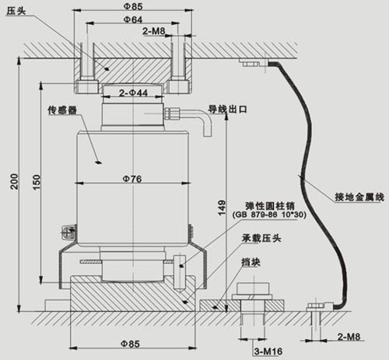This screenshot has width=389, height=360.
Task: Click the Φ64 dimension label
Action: click(x=133, y=19)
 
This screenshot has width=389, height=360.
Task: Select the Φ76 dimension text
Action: click(x=132, y=179)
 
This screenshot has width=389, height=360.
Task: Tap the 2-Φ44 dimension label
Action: click(x=133, y=93)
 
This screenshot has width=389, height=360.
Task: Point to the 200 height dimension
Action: click(x=15, y=181)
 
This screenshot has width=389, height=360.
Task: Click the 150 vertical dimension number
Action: click(x=37, y=182)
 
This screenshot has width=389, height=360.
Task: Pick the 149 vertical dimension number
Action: click(x=222, y=208)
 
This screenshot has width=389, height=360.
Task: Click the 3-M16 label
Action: click(x=268, y=351)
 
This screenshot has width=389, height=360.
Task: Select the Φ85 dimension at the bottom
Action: click(x=130, y=344)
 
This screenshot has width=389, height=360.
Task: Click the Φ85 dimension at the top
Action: click(x=133, y=6)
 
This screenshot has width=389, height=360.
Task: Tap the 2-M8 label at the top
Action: click(x=154, y=31)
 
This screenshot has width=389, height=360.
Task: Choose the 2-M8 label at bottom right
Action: click(x=349, y=337)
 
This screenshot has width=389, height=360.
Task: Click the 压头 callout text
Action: click(x=16, y=11)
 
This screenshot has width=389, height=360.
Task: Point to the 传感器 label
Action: click(x=62, y=110)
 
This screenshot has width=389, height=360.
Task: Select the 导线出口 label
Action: click(x=228, y=109)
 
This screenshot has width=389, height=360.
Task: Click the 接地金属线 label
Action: click(x=359, y=197)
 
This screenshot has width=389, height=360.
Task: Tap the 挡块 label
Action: click(x=251, y=262)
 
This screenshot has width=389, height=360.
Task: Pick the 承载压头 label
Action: click(x=261, y=238)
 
